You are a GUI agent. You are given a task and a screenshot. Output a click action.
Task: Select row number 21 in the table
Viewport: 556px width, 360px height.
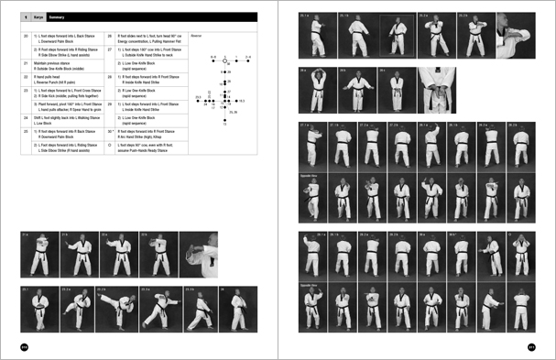point(25,64)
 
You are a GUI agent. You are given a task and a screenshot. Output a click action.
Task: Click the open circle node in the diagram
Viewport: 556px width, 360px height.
point(225,62)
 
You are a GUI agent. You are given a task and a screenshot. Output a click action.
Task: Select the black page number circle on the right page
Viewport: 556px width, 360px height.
point(530,345)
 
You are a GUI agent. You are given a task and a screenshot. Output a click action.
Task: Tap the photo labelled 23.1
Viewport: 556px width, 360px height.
point(38,309)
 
